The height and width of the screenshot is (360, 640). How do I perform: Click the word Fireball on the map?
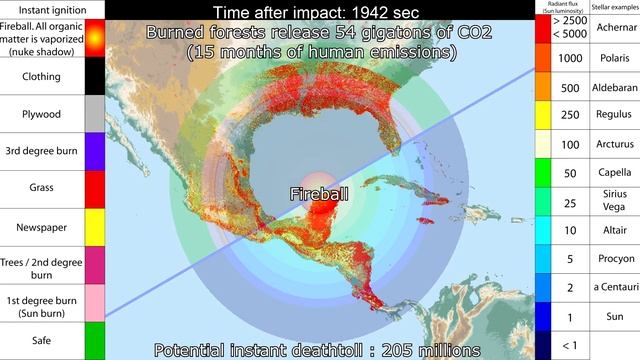(x=320, y=193)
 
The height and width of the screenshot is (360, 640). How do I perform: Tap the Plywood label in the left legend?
(x=41, y=114)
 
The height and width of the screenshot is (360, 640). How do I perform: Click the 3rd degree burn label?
(x=41, y=152)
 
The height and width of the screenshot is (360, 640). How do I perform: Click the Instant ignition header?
(x=40, y=9)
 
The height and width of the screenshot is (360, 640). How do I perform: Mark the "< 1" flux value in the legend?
(x=570, y=346)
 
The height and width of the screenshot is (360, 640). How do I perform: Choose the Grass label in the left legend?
(x=41, y=190)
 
